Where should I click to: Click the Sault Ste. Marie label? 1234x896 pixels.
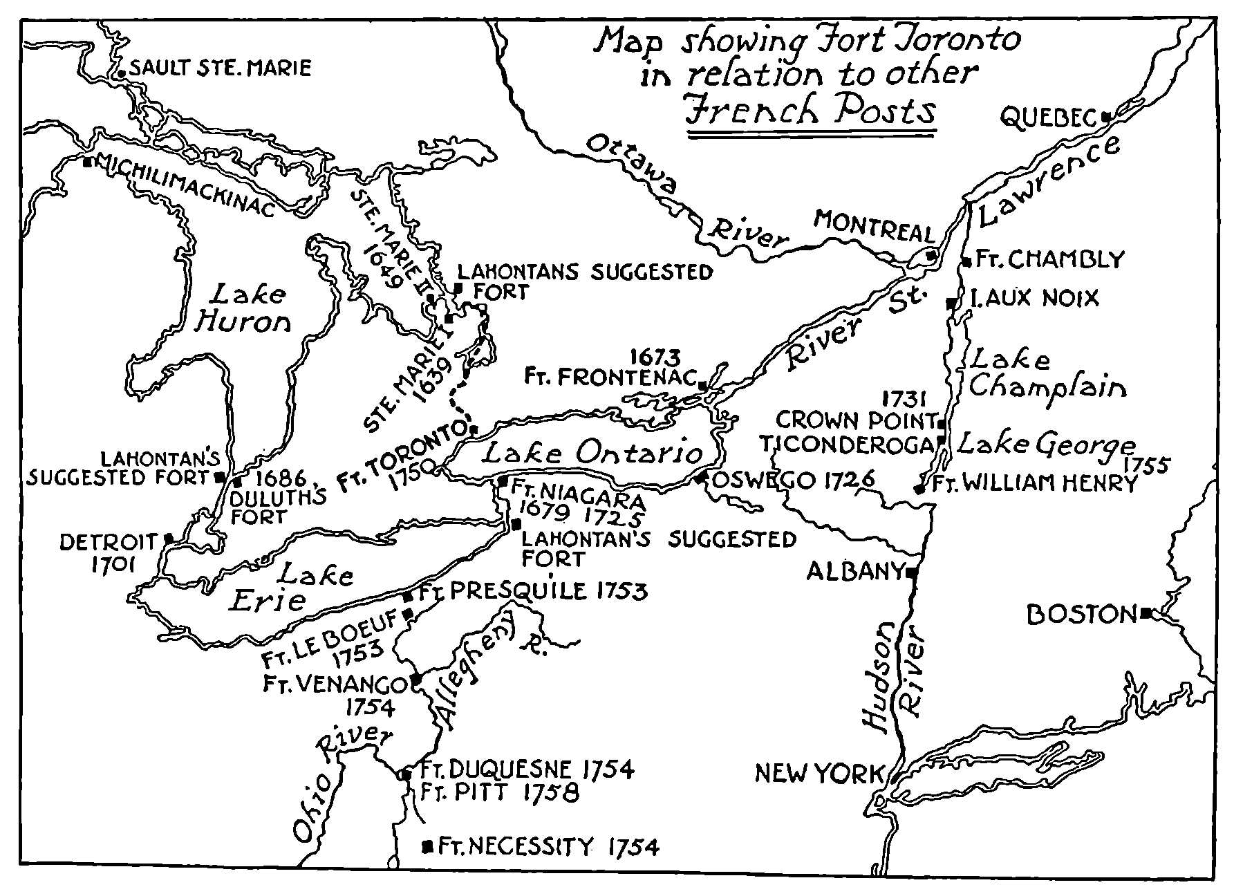coord(220,68)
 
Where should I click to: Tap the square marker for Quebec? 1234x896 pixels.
coord(1105,117)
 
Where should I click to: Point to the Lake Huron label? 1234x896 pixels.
coord(242,308)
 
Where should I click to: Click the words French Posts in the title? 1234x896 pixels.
coord(811,111)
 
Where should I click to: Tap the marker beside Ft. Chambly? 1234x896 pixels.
coord(966,262)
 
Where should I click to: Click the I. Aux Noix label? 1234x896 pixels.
coord(1034,299)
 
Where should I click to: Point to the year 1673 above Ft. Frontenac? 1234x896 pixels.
coord(655,357)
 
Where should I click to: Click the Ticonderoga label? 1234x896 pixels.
coord(848,445)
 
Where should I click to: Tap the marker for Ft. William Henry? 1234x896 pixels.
coord(919,489)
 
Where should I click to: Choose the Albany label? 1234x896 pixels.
coord(856,572)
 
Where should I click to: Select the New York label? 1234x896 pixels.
coord(819,773)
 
